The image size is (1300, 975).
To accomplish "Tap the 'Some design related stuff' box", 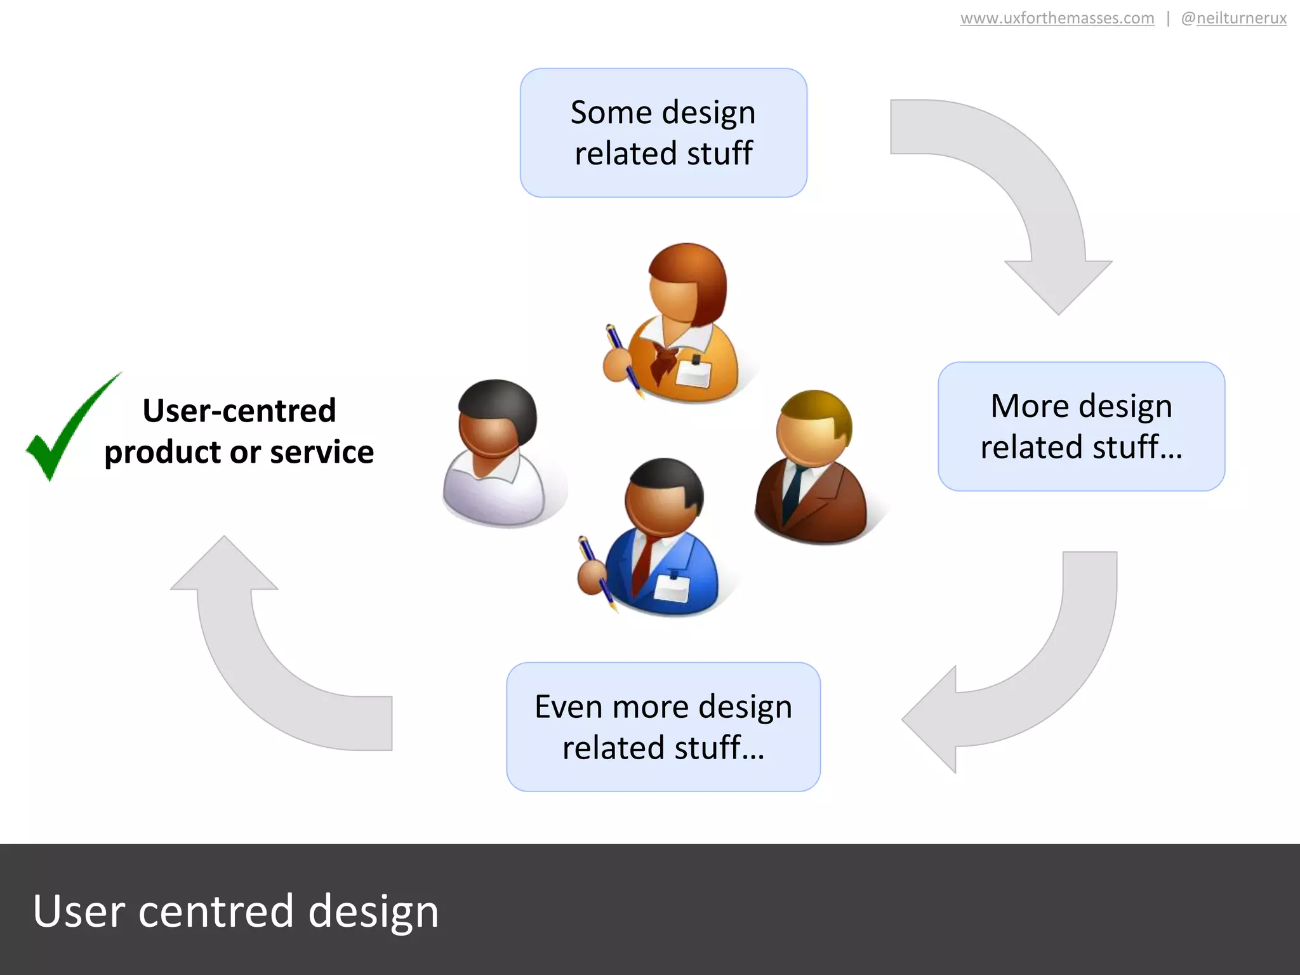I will point(663,133).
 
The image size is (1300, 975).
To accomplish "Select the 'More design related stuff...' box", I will point(1081,426).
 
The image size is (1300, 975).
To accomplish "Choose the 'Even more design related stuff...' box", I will point(663,727).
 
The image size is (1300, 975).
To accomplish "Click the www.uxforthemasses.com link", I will point(1057,18).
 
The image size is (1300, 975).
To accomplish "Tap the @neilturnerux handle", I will point(1233,18).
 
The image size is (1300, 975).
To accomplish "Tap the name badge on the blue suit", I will point(672,587).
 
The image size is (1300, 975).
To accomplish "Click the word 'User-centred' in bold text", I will point(239,411).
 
